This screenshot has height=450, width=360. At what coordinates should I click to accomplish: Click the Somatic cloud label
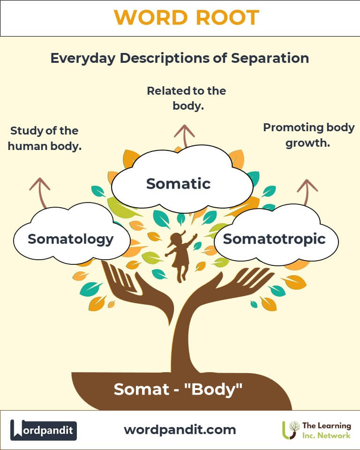178,183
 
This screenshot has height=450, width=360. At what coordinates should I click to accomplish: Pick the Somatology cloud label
71,239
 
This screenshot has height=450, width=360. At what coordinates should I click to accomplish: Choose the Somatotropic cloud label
274,239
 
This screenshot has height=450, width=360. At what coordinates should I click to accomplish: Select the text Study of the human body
45,138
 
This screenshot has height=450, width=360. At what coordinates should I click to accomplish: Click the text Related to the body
187,98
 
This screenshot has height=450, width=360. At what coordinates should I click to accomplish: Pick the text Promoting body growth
308,135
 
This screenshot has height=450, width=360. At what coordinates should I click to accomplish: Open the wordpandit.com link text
180,429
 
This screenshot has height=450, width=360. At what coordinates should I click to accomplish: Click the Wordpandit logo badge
44,429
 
